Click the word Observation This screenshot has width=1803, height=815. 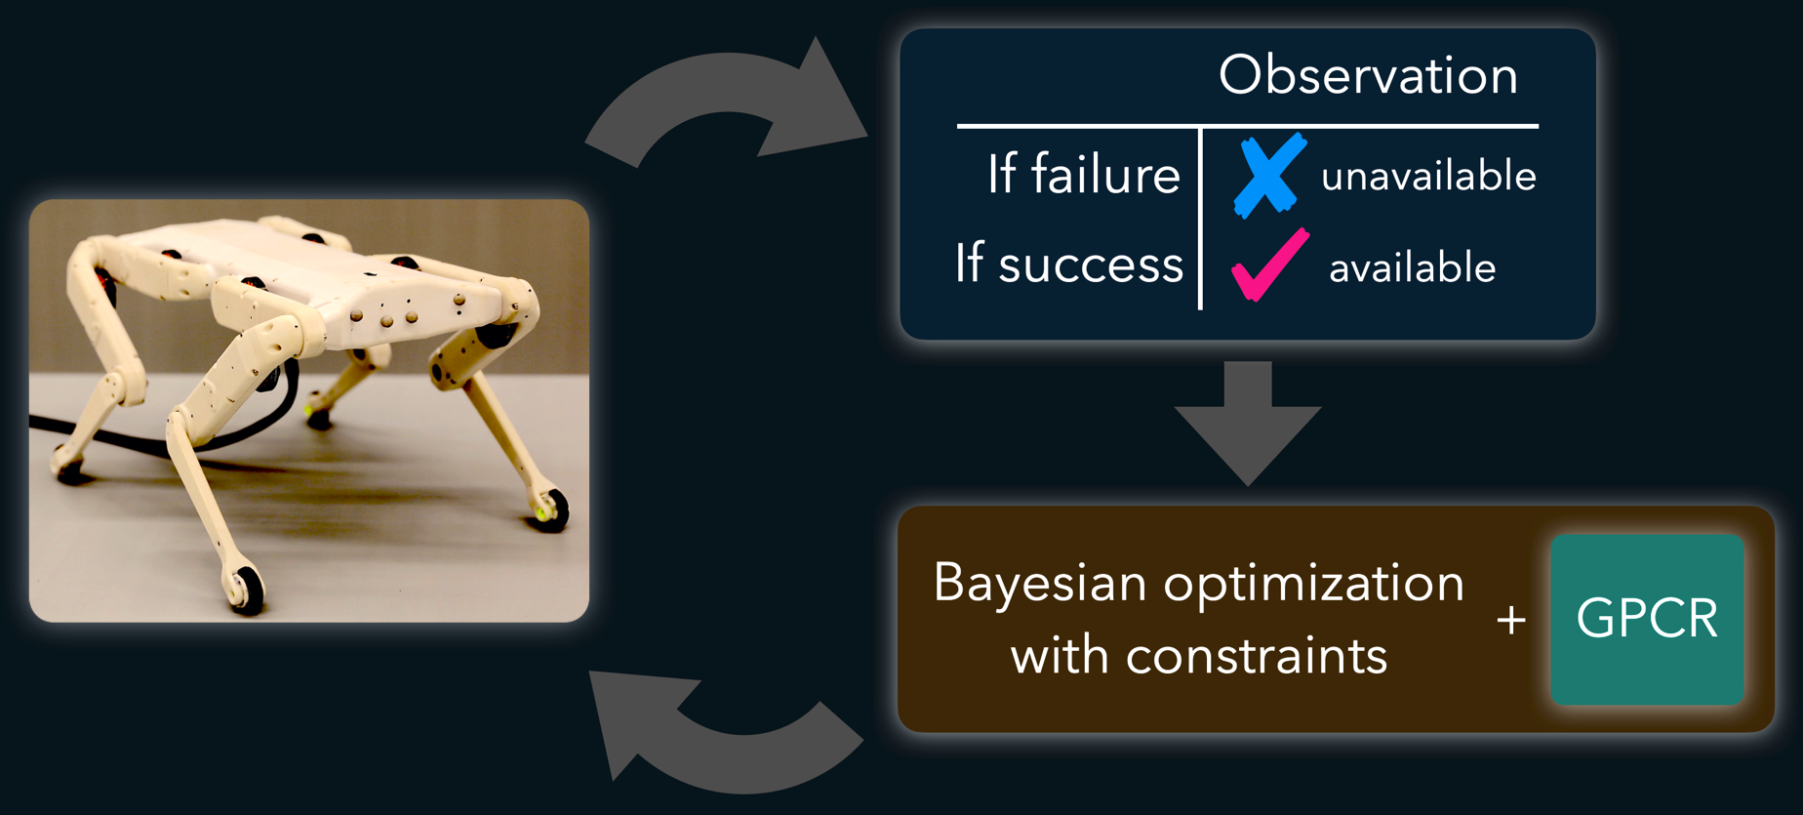click(x=1368, y=75)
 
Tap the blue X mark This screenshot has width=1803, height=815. click(x=1269, y=175)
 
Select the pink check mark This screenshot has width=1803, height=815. click(x=1269, y=265)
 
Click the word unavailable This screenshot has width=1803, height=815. click(x=1428, y=176)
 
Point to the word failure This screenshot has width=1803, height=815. click(x=1105, y=175)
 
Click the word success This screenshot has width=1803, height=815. click(x=1091, y=265)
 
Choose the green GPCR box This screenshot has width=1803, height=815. click(x=1647, y=619)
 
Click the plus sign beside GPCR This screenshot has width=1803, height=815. click(x=1511, y=620)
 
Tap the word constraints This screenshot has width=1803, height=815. click(x=1257, y=655)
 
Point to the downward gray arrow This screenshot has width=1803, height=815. click(x=1248, y=423)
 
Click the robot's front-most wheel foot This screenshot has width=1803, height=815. click(x=244, y=588)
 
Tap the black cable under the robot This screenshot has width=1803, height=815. click(x=166, y=435)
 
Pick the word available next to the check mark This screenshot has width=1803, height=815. click(x=1412, y=266)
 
